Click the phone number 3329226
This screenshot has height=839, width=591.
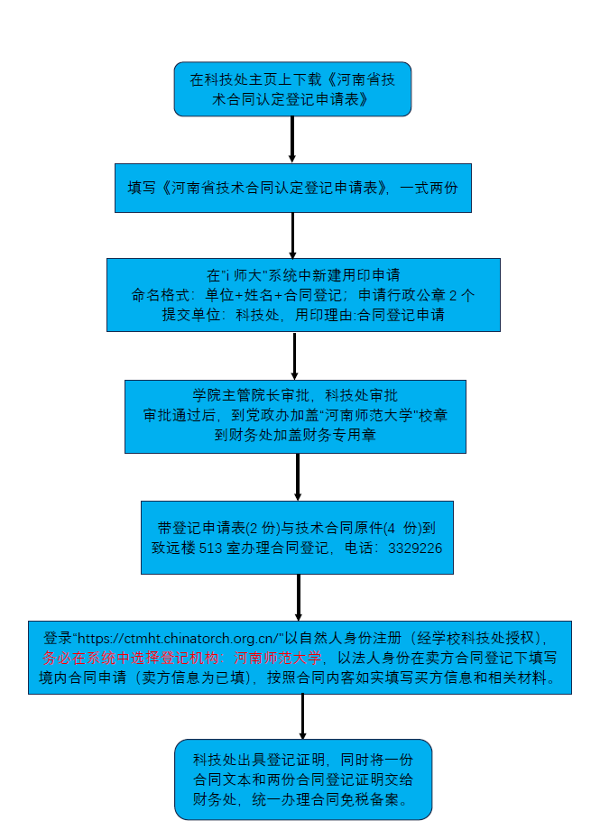coord(414,548)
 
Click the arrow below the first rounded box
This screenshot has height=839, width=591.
coord(292,139)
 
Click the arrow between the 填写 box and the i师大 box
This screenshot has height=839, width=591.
coord(292,235)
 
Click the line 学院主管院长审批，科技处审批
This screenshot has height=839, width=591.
coord(295,395)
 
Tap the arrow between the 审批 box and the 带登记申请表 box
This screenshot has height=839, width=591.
coord(298,476)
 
